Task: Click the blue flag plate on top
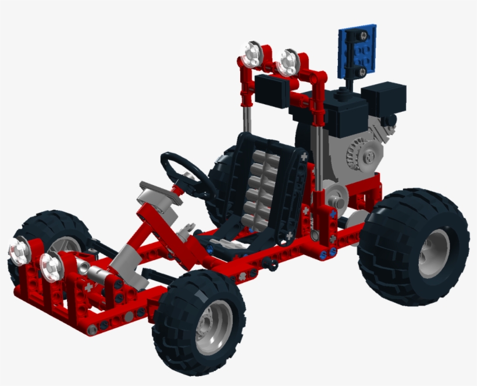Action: coord(357,52)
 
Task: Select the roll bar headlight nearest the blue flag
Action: coord(287,62)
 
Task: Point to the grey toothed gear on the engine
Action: coord(363,154)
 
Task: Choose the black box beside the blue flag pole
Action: coord(383,99)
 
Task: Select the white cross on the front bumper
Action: coord(88,287)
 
